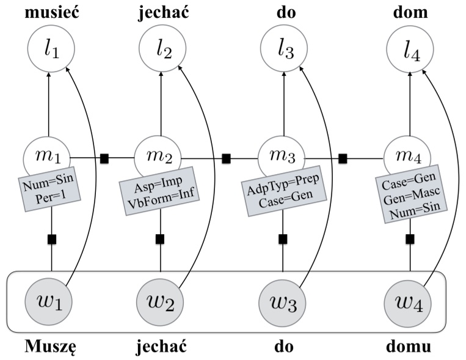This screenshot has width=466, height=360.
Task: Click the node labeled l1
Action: point(51,50)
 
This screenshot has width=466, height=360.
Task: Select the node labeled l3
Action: point(284,50)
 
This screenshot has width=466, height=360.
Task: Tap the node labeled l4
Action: point(410,50)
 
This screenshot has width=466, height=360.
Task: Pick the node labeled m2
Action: point(161,158)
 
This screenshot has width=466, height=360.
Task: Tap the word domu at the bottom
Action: point(410,347)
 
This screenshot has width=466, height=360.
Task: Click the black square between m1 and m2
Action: point(104,158)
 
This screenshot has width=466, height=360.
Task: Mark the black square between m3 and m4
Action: point(343,158)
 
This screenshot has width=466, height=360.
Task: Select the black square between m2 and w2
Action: point(161,238)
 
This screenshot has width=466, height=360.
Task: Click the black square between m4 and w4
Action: point(410,238)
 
